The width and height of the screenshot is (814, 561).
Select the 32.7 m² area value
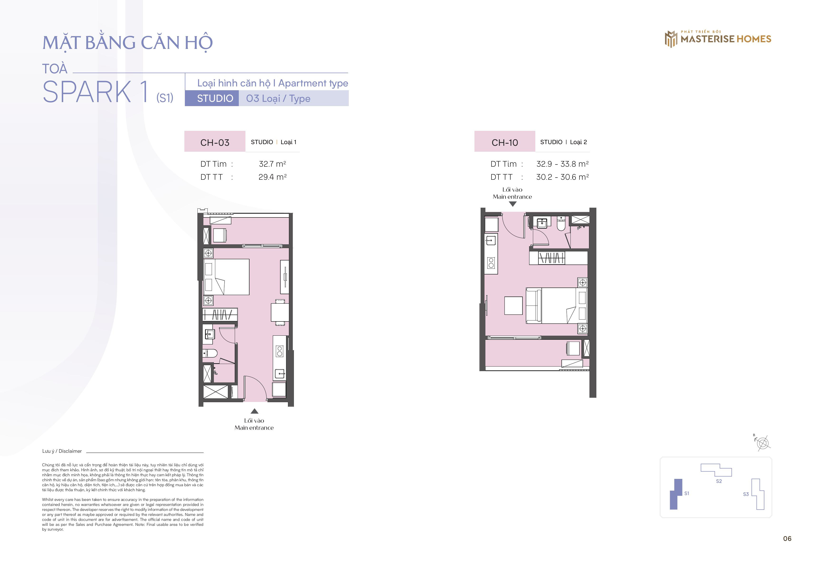click(x=272, y=164)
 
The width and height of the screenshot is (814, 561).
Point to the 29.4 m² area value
click(x=272, y=177)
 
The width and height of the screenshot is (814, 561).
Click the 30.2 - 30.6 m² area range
click(x=562, y=177)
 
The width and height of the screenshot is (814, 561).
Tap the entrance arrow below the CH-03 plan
click(x=254, y=411)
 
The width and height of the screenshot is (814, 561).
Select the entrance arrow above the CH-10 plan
click(x=512, y=204)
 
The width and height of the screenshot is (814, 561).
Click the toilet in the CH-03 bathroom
click(x=210, y=353)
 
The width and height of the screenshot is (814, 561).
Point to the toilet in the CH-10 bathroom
click(x=561, y=224)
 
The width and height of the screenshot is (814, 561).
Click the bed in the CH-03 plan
click(x=226, y=277)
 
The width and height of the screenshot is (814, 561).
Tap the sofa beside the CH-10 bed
click(x=534, y=306)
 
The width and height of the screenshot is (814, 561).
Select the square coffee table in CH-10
click(x=513, y=306)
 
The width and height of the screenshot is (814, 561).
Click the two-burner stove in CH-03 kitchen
click(x=280, y=351)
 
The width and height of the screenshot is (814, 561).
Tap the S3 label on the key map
click(x=746, y=494)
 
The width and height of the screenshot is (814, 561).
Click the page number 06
click(x=787, y=538)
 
